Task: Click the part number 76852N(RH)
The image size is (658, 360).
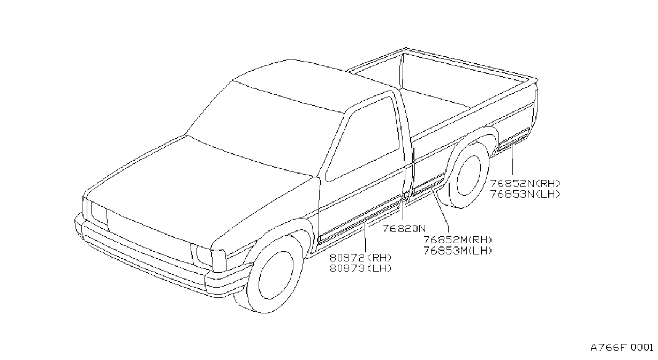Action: [x=525, y=184]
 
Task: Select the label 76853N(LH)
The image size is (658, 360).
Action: [x=525, y=194]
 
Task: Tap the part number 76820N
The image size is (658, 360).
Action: [x=404, y=229]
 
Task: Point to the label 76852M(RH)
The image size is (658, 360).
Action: [x=457, y=240]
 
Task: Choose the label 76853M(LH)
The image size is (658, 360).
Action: [x=457, y=251]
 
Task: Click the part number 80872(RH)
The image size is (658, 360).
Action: [x=360, y=258]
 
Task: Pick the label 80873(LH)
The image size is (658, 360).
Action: [x=360, y=268]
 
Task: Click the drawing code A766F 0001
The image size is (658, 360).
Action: [x=622, y=348]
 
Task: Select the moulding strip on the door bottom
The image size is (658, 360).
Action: [x=360, y=219]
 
